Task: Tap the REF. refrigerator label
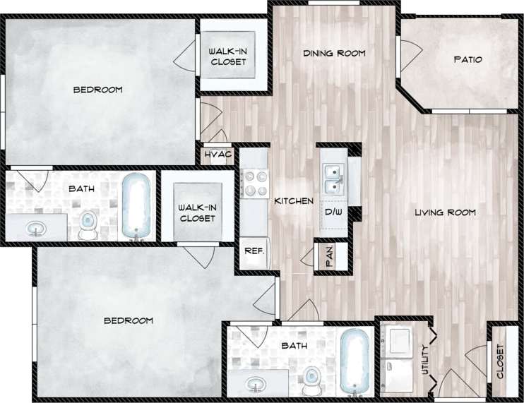coord(253,251)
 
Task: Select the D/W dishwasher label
coord(333,211)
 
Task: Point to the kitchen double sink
coord(332,179)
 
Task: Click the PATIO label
coord(468,60)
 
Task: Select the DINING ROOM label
coord(334,54)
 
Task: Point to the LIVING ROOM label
coord(445,212)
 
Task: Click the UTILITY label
coord(426,360)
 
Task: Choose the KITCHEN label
coord(294,201)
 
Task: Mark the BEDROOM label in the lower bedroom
coord(129,320)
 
